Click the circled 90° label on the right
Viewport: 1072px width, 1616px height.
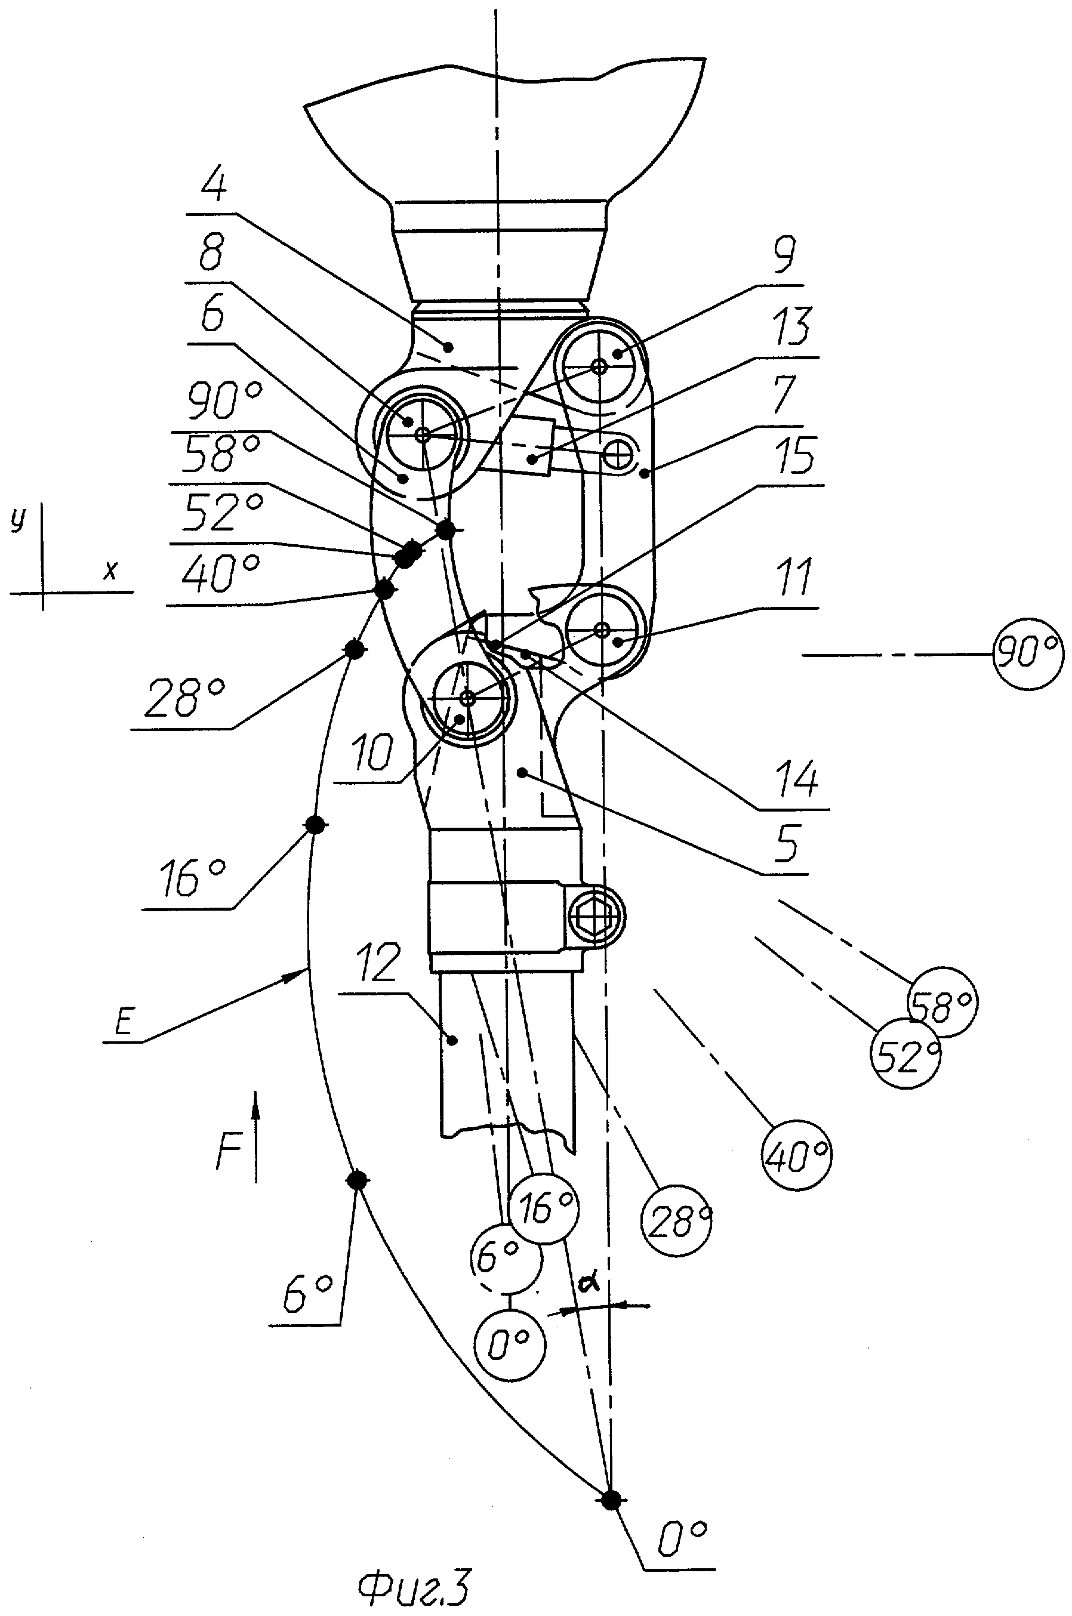1028,655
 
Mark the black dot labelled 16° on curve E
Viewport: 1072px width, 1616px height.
314,825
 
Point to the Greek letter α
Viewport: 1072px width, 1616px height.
588,1283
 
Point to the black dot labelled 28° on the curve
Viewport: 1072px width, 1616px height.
354,649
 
